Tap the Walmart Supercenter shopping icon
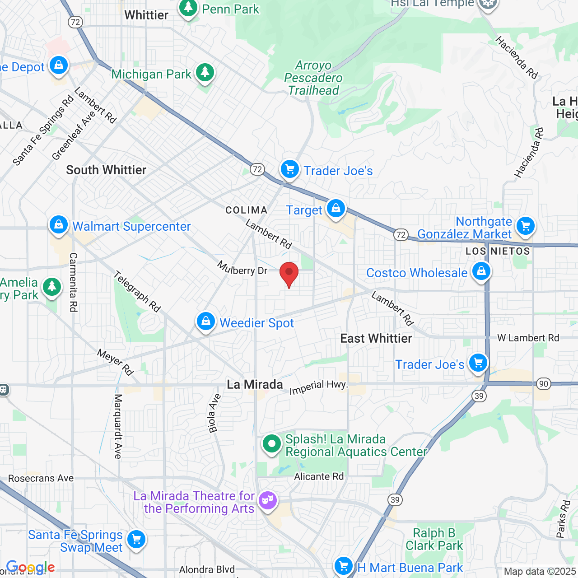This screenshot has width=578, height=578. (59, 224)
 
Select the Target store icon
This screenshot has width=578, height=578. (336, 209)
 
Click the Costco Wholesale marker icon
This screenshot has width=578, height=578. (481, 271)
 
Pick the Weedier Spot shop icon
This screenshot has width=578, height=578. (206, 322)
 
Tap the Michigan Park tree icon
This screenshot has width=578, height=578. (205, 72)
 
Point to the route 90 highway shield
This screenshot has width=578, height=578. (544, 384)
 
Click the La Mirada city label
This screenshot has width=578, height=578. (255, 385)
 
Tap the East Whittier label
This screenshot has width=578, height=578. (376, 338)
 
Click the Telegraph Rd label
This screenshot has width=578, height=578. (137, 291)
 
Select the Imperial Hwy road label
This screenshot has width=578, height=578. (318, 387)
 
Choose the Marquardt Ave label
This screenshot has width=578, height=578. (118, 426)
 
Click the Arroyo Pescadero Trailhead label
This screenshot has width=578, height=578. (313, 78)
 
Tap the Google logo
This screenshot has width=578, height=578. (30, 567)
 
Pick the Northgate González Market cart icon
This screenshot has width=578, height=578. (526, 225)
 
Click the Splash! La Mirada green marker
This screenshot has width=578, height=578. (272, 444)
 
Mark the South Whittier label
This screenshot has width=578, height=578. (106, 170)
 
